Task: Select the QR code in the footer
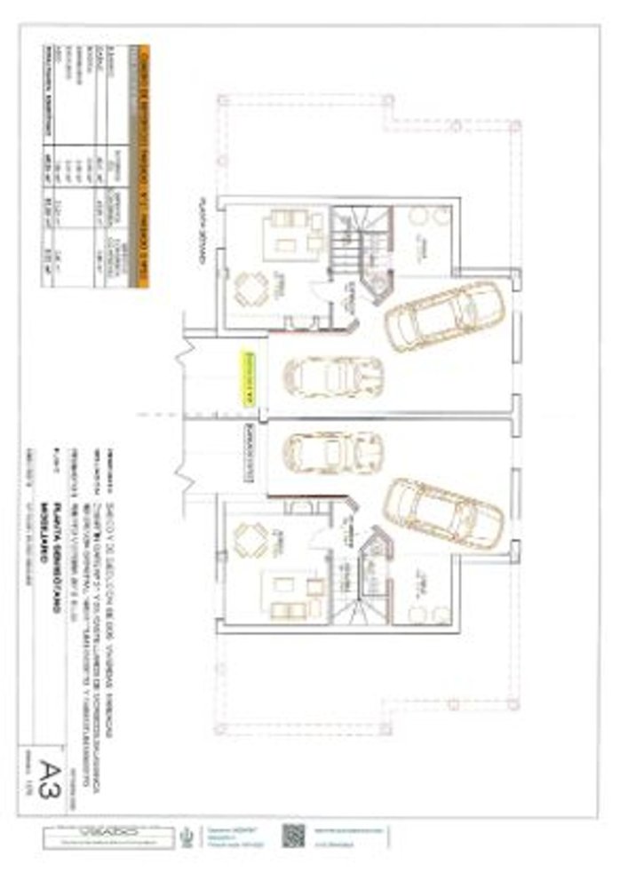(293, 837)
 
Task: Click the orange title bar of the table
(143, 164)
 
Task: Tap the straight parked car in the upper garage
(332, 376)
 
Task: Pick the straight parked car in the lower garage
(332, 452)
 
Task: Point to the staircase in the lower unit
(360, 591)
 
